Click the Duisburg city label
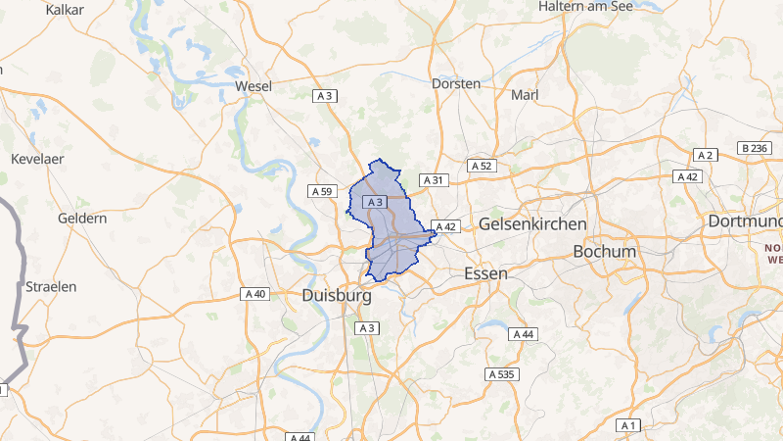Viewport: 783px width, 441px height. pos(337,294)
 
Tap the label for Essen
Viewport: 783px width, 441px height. pos(485,273)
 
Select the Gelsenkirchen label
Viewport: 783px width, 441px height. pos(532,224)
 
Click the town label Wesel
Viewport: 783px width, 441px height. pos(253,86)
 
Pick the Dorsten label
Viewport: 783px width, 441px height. pos(456,83)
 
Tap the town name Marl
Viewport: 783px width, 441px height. pos(525,95)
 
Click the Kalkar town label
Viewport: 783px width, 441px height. pos(66,9)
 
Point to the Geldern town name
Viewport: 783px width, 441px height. pos(82,218)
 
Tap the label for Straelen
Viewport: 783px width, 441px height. pos(51,286)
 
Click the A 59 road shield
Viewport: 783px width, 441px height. pos(321,191)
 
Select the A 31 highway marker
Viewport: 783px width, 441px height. pos(433,180)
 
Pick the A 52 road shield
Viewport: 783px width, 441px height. pos(481,166)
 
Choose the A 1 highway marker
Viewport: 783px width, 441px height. pos(628,425)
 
